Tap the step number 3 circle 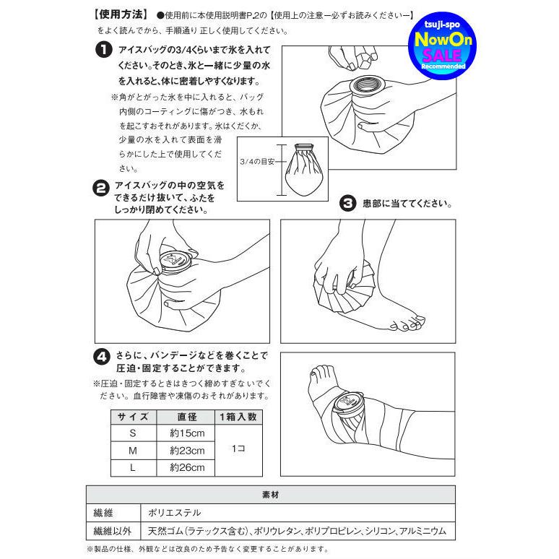347,204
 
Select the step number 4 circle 103,356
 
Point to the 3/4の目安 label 256,162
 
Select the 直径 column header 187,417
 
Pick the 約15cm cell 187,433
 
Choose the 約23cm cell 187,451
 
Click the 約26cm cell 187,467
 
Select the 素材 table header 270,495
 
